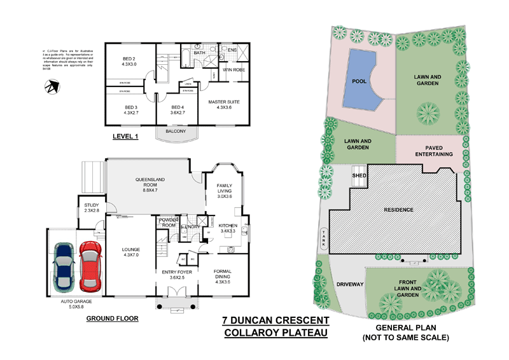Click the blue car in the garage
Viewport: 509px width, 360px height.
pyautogui.click(x=66, y=267)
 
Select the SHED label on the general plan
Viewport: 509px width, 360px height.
pyautogui.click(x=358, y=175)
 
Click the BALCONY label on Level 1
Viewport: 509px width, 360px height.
pyautogui.click(x=176, y=131)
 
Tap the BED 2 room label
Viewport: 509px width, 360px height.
pyautogui.click(x=130, y=61)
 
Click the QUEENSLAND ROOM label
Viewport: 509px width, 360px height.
pyautogui.click(x=151, y=183)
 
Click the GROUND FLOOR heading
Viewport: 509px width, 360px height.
pyautogui.click(x=112, y=318)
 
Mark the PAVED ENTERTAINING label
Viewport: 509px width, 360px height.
pyautogui.click(x=435, y=150)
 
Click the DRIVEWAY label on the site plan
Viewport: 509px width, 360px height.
pyautogui.click(x=349, y=284)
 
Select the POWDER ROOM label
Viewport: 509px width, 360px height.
pyautogui.click(x=169, y=222)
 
